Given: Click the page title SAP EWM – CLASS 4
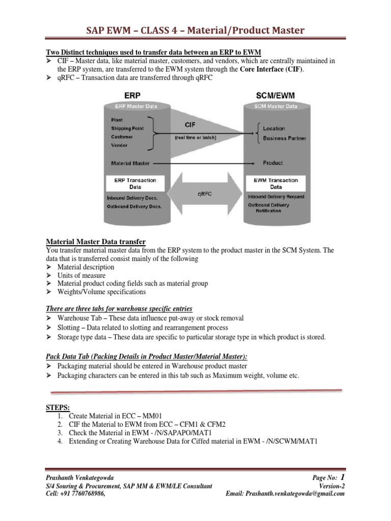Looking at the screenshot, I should point(195,31).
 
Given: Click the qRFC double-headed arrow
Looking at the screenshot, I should point(196,194).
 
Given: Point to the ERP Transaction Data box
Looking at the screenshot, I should point(135,184).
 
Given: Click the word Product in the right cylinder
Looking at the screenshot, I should point(272,163).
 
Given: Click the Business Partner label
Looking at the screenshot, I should point(285,138).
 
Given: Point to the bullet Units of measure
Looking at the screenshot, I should point(81,275).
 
